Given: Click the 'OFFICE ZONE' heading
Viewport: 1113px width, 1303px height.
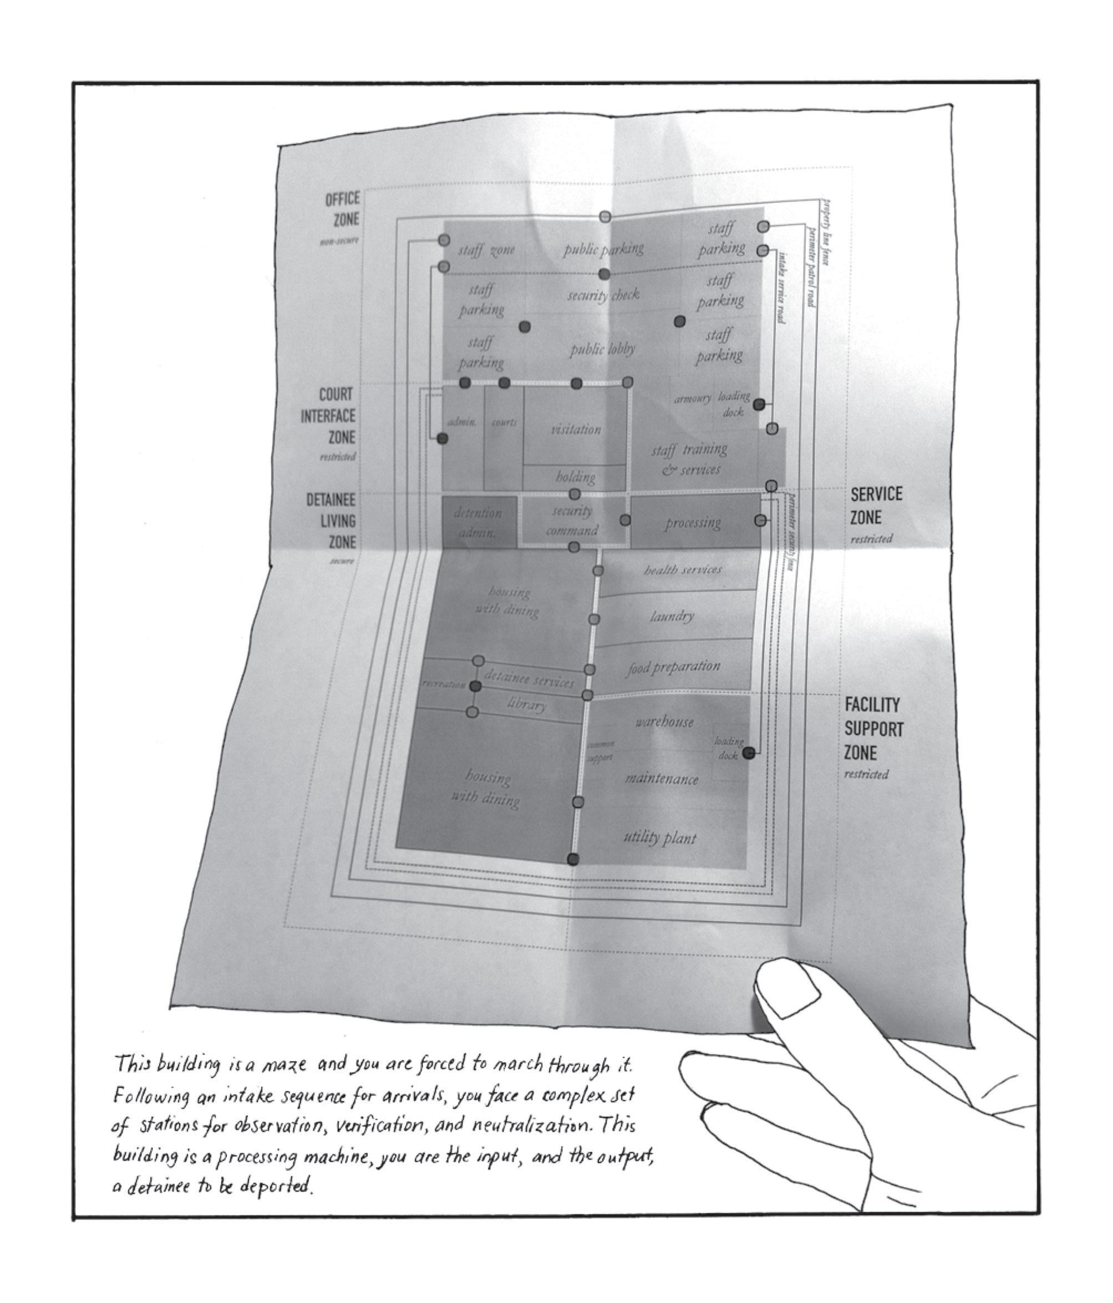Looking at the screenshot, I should point(342,209).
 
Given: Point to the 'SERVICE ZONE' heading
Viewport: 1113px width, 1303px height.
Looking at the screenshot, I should point(875,505).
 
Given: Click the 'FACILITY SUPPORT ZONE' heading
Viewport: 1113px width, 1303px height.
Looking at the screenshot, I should point(873,729).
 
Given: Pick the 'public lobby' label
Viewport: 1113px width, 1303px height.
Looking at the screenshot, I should point(602,350).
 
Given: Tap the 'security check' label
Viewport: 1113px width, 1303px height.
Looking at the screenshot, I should point(603,294).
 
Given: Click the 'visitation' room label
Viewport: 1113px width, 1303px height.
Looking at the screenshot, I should point(576,430).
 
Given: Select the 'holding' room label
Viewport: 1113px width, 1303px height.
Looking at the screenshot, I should point(575,477).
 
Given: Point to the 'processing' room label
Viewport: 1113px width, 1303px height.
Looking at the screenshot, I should point(692,523).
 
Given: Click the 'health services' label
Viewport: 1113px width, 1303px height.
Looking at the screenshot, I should point(682,570).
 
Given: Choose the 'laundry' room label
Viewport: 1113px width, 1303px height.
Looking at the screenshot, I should point(672,616).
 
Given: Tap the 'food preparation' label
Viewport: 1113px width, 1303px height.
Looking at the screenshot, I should point(672,667).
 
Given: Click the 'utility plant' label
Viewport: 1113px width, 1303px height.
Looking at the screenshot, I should point(659,837).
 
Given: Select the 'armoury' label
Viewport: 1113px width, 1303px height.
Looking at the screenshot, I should point(692,398).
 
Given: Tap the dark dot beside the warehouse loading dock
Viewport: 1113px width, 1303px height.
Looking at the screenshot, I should point(748,753).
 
